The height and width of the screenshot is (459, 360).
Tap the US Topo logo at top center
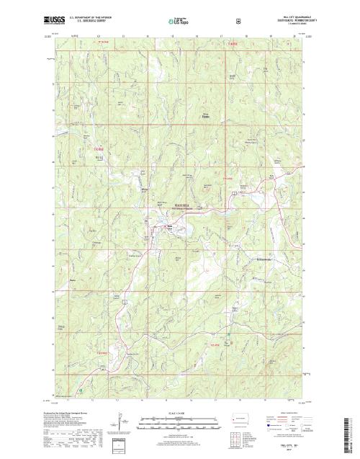(179, 22)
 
